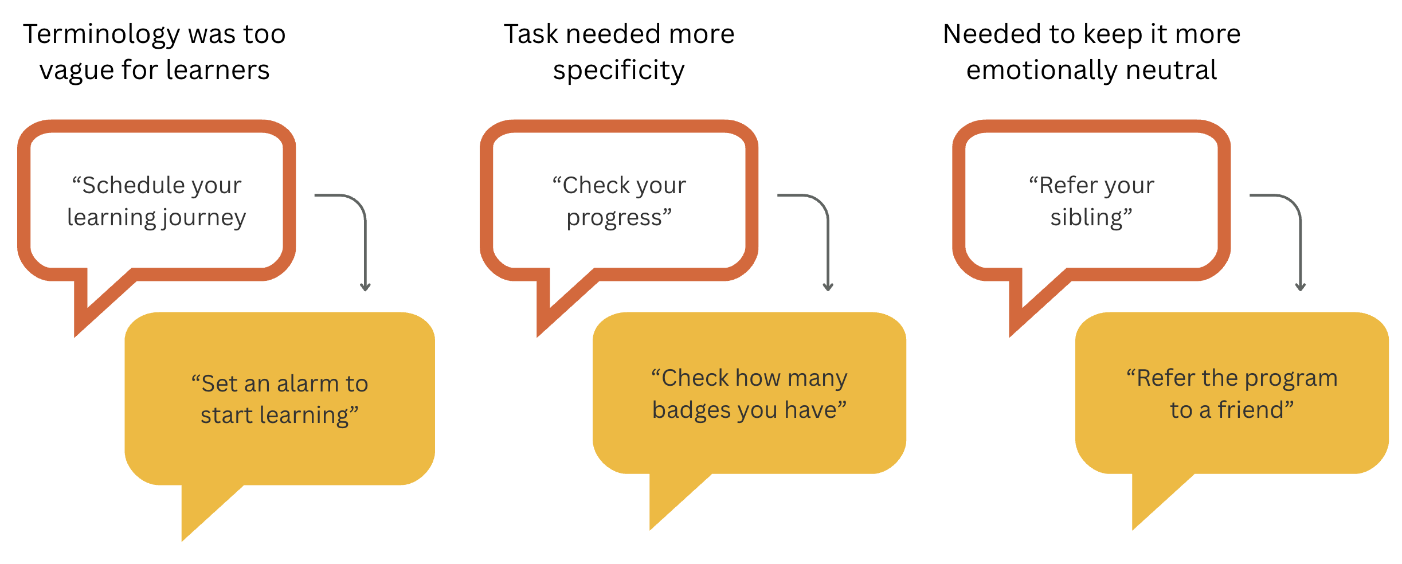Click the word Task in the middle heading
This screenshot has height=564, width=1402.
pos(531,34)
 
